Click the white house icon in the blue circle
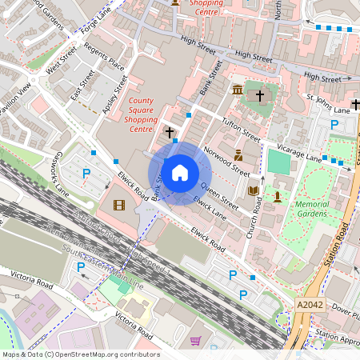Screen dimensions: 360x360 point(180,173)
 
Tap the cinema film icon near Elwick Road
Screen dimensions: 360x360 point(118,206)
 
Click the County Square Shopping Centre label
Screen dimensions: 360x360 point(141,114)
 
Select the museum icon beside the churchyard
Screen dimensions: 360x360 point(238,90)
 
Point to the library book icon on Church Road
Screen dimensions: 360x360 point(254,190)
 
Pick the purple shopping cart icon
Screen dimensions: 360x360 point(195,341)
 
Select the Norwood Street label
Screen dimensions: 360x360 point(226,158)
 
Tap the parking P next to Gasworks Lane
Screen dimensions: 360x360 point(86,173)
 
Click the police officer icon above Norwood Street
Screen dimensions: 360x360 point(238,154)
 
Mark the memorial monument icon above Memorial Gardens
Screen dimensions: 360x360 point(278,195)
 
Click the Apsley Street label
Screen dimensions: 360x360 point(115,94)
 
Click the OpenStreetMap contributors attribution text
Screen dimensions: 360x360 point(80,354)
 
